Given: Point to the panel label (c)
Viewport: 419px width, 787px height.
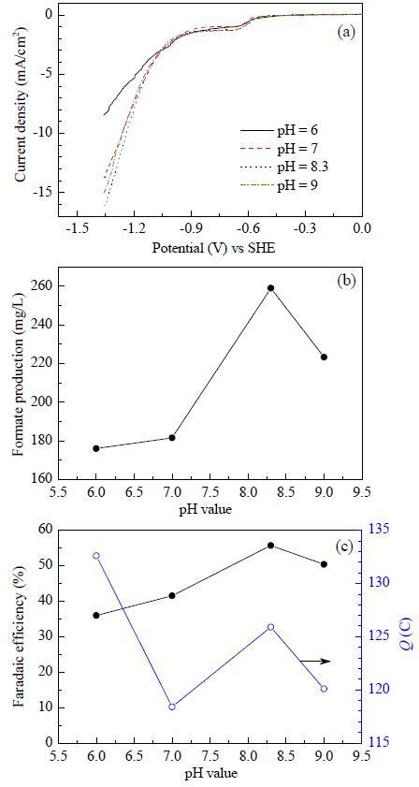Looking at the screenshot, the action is (x=346, y=547).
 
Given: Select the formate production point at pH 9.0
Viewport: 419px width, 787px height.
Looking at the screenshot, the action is (x=325, y=357).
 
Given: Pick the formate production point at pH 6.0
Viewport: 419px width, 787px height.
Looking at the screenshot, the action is (x=96, y=448).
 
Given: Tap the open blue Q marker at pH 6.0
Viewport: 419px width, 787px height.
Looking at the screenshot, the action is (x=96, y=556).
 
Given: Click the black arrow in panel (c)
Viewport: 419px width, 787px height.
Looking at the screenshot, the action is (x=315, y=647).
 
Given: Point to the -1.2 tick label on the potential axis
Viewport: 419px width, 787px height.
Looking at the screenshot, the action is (x=134, y=228).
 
